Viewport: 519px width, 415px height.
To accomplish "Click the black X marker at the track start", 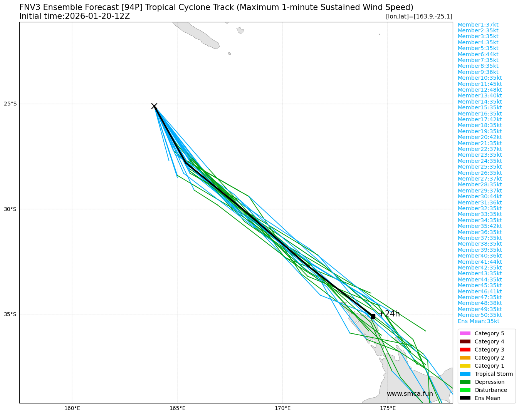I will pos(154,106).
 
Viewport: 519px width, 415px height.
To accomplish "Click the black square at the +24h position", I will pos(373,316).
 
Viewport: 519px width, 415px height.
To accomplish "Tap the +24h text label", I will pos(389,314).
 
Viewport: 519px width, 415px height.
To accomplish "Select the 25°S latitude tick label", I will pos(10,104).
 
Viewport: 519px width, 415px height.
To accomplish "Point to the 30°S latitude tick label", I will pos(10,209).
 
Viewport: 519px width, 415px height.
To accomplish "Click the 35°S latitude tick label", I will pos(10,314).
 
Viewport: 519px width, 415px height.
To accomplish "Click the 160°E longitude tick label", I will pos(72,408).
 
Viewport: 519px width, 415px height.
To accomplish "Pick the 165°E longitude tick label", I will pos(177,408).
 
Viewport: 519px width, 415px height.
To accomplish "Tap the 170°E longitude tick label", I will pos(282,408).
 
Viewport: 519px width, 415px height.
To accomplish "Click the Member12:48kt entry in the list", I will pos(480,90).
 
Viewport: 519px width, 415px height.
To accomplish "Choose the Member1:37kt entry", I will pos(478,25).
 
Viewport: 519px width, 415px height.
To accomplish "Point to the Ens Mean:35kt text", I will pos(478,321).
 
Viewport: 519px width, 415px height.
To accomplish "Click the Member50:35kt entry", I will pos(480,315).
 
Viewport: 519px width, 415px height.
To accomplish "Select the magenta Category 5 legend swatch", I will pos(465,333).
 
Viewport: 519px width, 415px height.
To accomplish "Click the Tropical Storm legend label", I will pos(494,374).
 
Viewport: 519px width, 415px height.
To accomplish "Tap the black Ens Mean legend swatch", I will pos(465,398).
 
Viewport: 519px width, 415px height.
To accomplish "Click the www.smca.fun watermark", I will pos(410,393).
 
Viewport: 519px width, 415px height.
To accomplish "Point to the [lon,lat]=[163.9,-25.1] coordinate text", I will pos(419,16).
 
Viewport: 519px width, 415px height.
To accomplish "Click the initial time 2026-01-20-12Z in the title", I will pos(97,16).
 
